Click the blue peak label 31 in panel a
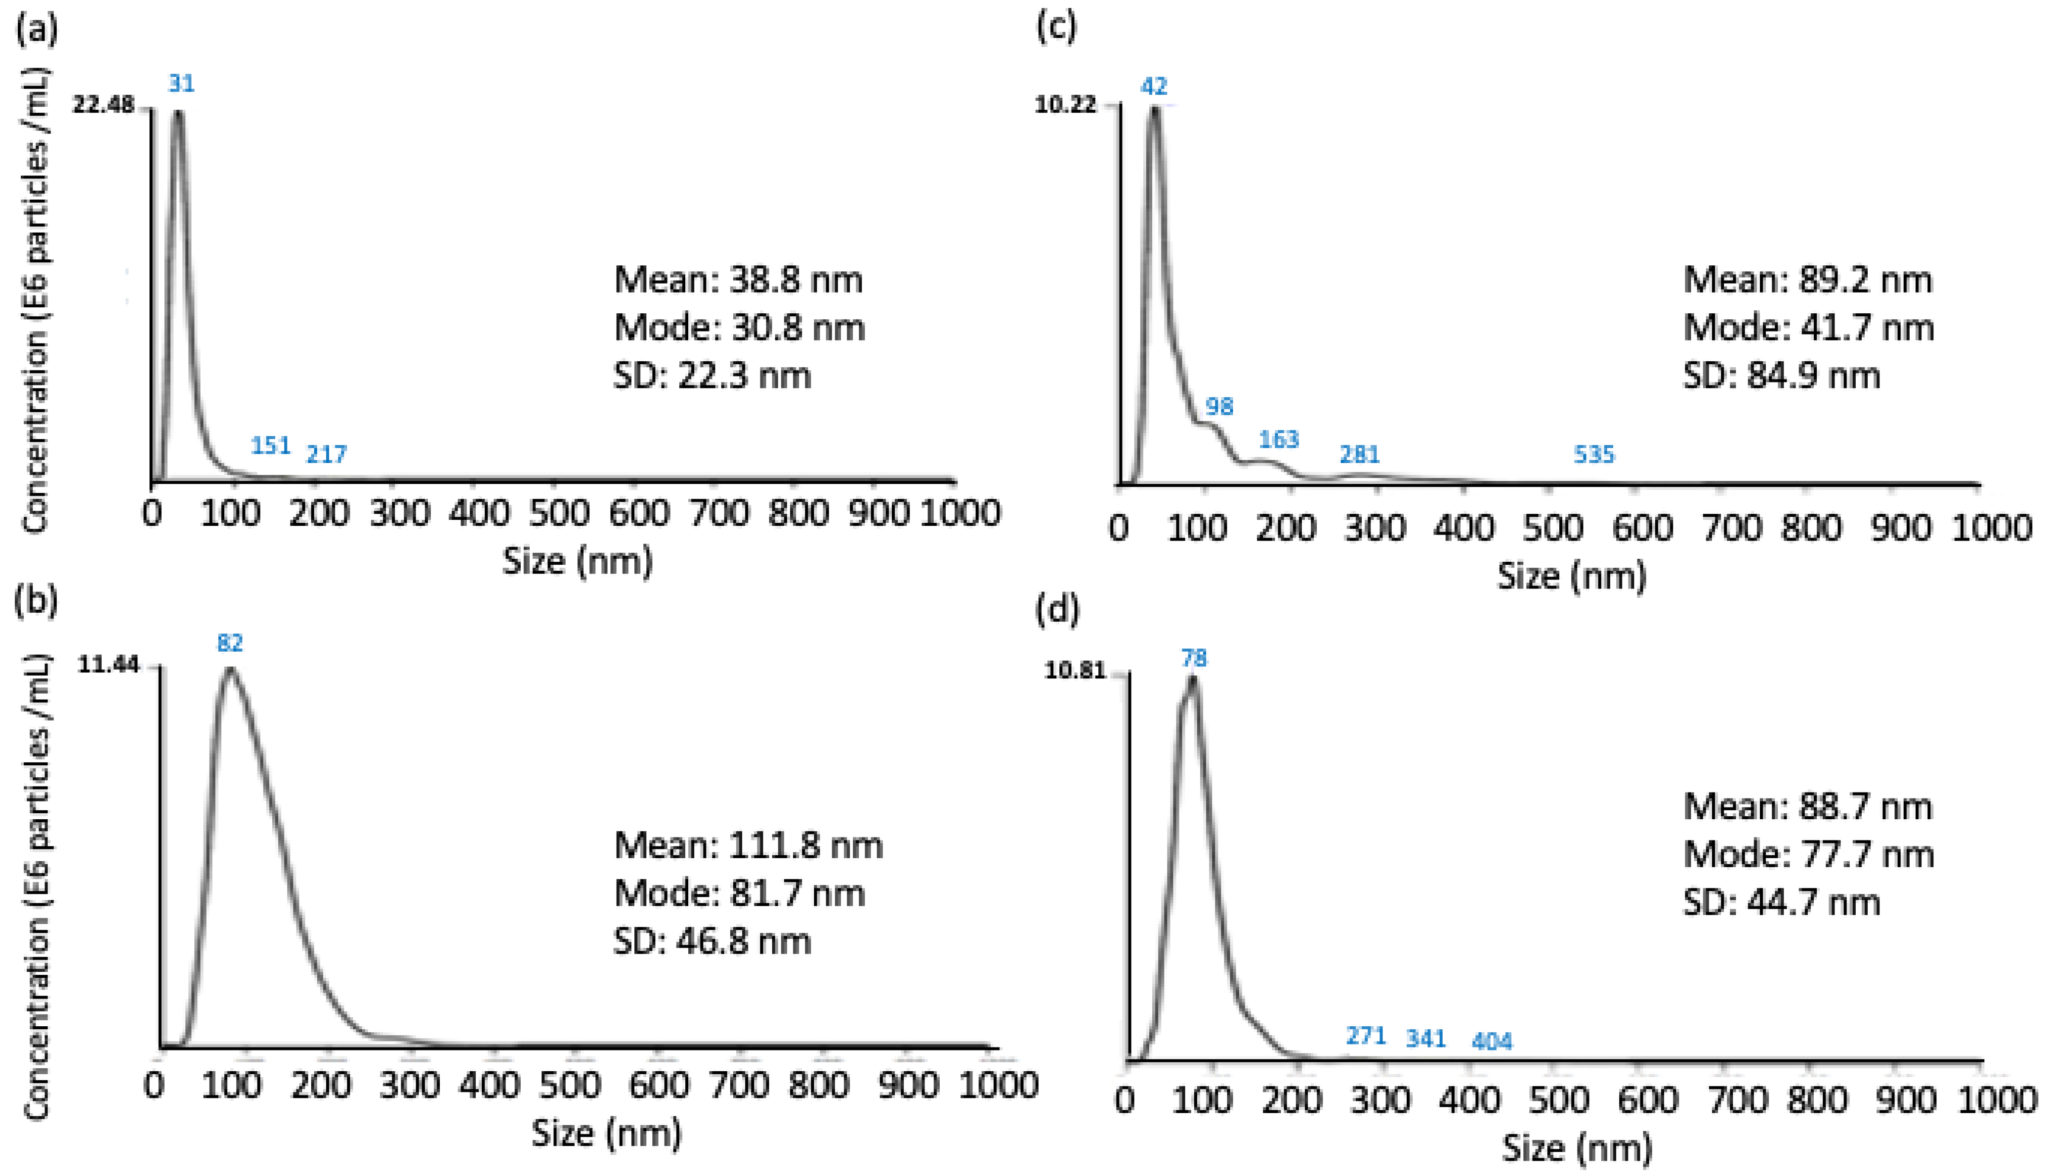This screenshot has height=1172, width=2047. click(181, 84)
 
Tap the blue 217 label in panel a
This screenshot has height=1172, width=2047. click(326, 455)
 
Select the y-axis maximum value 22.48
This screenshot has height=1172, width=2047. click(103, 105)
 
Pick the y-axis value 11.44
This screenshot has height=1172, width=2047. click(108, 665)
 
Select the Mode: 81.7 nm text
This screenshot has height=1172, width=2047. click(739, 893)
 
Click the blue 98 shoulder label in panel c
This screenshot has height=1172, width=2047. click(1219, 407)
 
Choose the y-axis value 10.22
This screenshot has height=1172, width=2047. click(1065, 105)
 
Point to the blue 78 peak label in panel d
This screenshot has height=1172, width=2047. click(1194, 659)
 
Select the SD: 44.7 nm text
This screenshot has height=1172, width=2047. click(1781, 902)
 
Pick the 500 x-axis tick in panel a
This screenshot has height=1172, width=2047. click(559, 513)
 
